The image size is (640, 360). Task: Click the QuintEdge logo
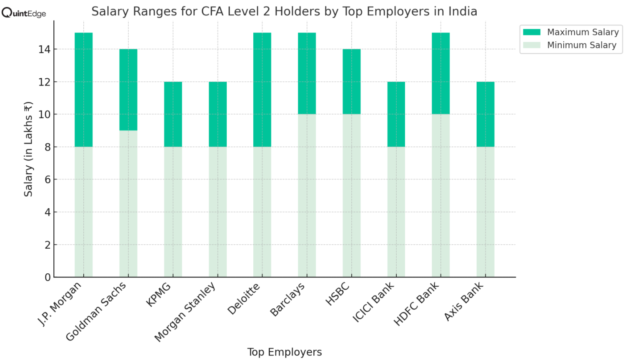tap(24, 13)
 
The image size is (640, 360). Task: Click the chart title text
tap(284, 11)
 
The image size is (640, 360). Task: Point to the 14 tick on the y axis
tap(44, 50)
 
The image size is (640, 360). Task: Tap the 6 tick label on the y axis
tap(47, 180)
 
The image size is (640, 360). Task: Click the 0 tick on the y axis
tap(47, 277)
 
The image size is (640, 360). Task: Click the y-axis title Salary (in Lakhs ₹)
tap(28, 149)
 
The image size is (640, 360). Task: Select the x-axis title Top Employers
tap(284, 352)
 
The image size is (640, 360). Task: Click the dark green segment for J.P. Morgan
tap(83, 90)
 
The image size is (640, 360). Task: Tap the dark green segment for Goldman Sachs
tap(128, 90)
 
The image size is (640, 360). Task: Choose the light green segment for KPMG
tap(173, 212)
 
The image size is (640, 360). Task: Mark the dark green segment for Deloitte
tap(262, 90)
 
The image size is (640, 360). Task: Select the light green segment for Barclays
tap(307, 195)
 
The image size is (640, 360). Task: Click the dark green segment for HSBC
tap(352, 82)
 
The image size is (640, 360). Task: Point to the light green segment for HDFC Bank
tap(440, 195)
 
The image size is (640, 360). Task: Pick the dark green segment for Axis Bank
tap(485, 114)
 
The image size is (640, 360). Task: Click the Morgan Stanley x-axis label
tap(185, 311)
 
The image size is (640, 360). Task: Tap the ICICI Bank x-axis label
tap(374, 302)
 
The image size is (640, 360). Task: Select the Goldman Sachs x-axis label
tap(96, 311)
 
